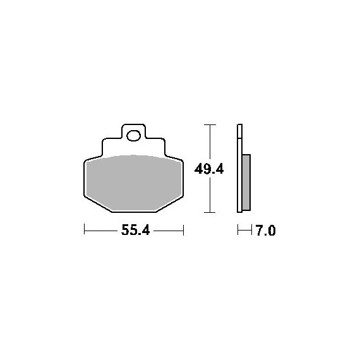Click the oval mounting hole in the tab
coord(134,135)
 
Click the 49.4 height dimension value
coord(209,170)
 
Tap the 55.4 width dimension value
coord(135,230)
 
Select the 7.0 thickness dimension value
coord(266,231)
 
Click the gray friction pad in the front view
coord(134,183)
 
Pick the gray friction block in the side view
coord(246,183)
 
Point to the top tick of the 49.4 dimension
coord(210,124)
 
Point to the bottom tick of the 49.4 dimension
coord(210,212)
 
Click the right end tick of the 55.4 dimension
coord(183,230)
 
